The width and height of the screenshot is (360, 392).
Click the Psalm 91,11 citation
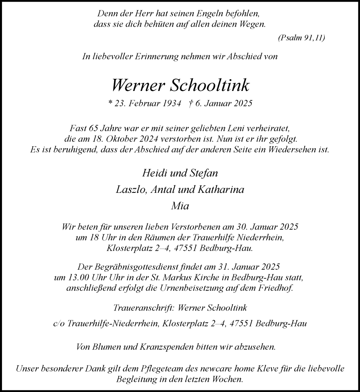(x=301, y=38)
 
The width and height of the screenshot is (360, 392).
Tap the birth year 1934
(x=171, y=104)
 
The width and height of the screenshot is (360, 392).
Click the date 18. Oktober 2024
(x=112, y=139)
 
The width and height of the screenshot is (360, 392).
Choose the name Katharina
(x=223, y=190)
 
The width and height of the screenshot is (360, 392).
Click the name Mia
(x=180, y=207)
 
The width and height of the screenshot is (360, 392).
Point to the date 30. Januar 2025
(x=263, y=227)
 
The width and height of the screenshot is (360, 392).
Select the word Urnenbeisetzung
(x=197, y=289)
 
